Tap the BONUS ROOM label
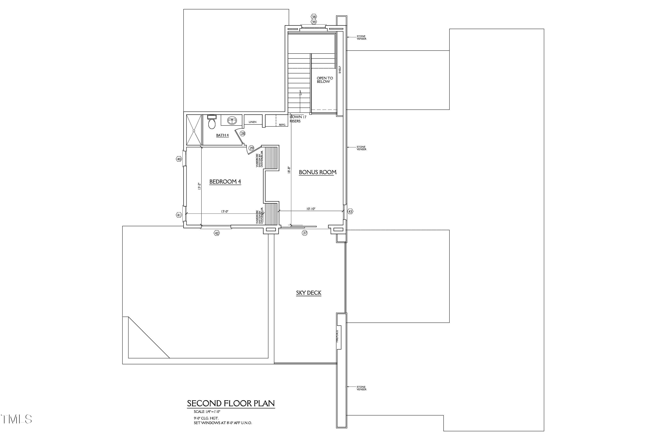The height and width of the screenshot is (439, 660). (x=317, y=172)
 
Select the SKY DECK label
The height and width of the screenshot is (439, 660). (x=309, y=293)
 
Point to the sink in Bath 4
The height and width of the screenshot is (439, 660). (x=232, y=121)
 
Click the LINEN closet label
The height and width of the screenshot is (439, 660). (x=252, y=122)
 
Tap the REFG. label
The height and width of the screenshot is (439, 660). (x=282, y=125)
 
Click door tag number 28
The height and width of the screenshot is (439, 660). (x=243, y=134)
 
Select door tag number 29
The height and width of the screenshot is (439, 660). (x=251, y=148)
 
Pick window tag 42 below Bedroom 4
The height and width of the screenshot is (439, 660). (x=216, y=233)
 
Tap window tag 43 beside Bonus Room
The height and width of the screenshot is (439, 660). (x=350, y=212)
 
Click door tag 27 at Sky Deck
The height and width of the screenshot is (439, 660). (x=305, y=233)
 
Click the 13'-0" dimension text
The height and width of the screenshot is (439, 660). (x=225, y=212)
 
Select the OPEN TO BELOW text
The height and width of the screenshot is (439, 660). (x=324, y=80)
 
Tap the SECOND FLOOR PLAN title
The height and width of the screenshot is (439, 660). (x=231, y=403)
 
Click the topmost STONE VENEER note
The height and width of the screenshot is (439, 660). (x=361, y=37)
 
